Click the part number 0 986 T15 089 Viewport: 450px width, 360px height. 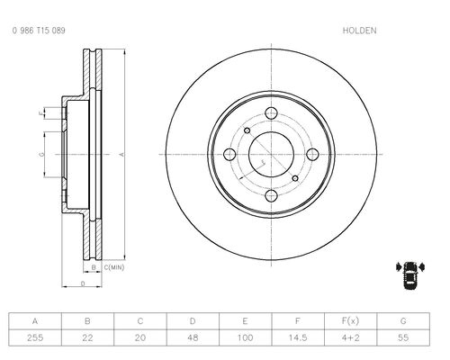point(39,31)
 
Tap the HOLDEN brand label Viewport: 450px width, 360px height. point(359,31)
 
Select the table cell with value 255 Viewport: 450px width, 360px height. point(35,337)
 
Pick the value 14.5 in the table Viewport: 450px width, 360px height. point(298,337)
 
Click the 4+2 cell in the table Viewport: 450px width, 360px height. point(350,337)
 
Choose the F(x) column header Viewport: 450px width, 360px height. point(350,321)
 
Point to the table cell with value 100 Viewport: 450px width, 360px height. point(246,337)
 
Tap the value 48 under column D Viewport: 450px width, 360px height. point(193,337)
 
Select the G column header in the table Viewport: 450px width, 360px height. point(403,321)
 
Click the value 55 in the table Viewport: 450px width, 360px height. point(403,337)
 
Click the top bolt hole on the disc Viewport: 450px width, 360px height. point(271,113)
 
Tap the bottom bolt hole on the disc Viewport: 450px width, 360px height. point(271,196)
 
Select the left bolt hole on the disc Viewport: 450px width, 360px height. point(229,155)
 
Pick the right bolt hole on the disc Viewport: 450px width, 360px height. point(312,155)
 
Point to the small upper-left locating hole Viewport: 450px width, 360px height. point(247,130)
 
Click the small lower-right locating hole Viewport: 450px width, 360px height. point(295,178)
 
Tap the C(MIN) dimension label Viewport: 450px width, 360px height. point(113,267)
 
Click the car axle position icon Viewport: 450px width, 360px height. point(410,275)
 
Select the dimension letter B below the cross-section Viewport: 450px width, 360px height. point(94,267)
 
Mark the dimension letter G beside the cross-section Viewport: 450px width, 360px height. point(41,155)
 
